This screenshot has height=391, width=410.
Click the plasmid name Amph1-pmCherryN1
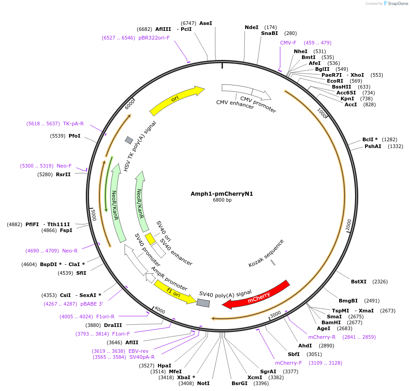click(222, 193)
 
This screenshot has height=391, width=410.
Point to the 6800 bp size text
click(222, 200)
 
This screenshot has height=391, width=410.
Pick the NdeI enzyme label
click(252, 27)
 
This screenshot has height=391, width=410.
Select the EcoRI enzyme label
click(335, 81)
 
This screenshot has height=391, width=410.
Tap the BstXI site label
click(359, 282)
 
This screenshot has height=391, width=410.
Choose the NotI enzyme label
click(203, 383)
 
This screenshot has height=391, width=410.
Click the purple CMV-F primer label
click(288, 43)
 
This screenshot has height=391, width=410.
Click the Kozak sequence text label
click(266, 253)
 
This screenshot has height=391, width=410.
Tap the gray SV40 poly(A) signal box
click(203, 302)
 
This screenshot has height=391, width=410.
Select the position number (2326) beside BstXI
click(380, 282)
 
